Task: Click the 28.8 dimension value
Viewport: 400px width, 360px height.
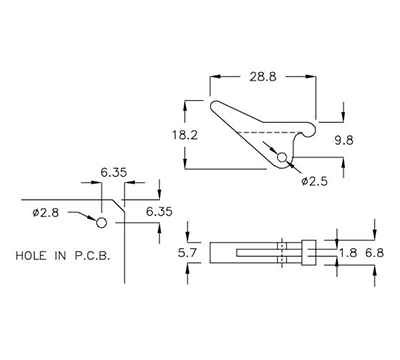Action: coord(264,76)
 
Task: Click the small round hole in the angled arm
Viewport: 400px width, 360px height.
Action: coord(283,159)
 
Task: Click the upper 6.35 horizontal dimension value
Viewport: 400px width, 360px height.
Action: coord(113,172)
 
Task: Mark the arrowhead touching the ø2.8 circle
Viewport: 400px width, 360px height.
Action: coord(97,219)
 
